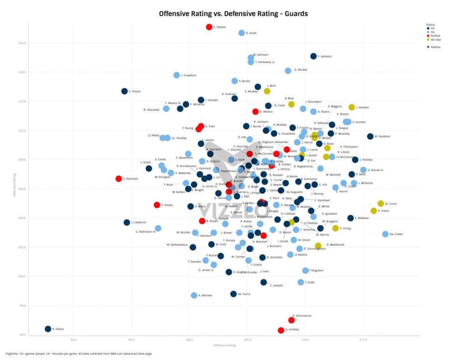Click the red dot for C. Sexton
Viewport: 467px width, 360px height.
tap(209, 27)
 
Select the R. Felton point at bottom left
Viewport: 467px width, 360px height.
tap(48, 329)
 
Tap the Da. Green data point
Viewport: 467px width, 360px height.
tap(385, 234)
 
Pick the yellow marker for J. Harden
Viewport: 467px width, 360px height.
tap(352, 107)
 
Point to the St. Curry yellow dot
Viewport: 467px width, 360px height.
tap(381, 203)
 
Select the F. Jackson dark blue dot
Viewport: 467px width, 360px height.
tap(313, 56)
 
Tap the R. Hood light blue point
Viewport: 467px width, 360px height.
tap(242, 33)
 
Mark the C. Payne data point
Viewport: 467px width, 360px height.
tap(125, 91)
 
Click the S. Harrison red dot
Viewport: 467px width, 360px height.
tap(119, 179)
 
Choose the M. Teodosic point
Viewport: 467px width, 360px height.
tap(370, 136)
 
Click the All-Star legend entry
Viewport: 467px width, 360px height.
tap(435, 40)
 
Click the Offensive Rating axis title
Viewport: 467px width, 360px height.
tap(224, 345)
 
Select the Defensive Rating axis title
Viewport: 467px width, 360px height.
tap(15, 184)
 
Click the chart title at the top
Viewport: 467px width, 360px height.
tap(233, 14)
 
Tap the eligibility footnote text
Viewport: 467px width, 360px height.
tap(78, 354)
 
